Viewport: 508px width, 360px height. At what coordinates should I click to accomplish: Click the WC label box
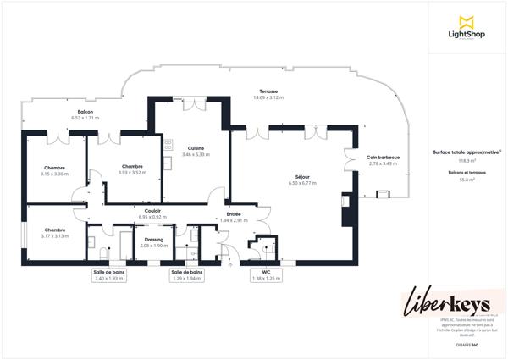coord(266,274)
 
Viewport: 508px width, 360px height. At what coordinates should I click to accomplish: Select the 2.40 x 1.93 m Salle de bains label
coord(109,274)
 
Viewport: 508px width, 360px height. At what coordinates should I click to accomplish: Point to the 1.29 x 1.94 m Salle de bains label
coord(187,274)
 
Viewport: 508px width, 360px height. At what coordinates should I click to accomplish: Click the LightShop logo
coord(465,26)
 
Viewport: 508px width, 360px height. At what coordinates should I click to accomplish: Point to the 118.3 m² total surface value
coord(467,160)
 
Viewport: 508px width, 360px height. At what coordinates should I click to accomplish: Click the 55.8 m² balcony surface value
coord(467,180)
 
